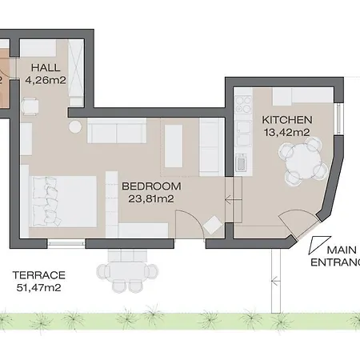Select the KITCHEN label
(286, 120)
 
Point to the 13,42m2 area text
(286, 132)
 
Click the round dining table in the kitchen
(304, 161)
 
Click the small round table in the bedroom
(75, 126)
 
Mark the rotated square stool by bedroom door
(213, 226)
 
